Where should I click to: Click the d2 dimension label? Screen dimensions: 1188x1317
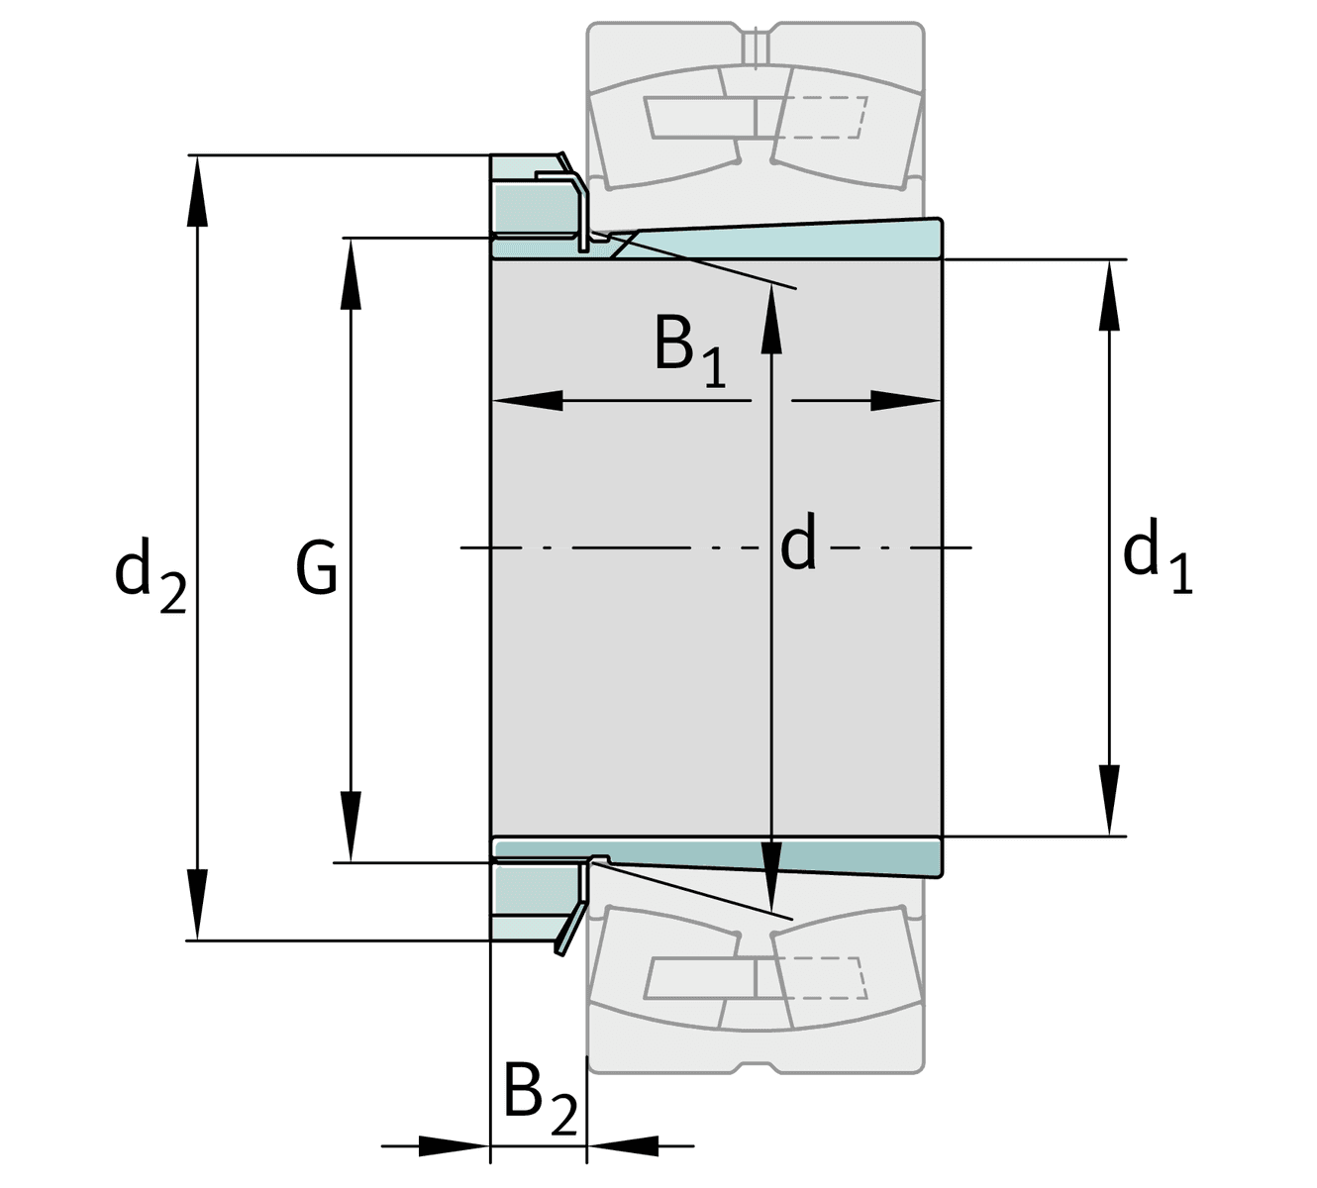(x=150, y=573)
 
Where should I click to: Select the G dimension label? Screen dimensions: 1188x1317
(x=317, y=570)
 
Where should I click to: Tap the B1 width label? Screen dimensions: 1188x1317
(x=689, y=348)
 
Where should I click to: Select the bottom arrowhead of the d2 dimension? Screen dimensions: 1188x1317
(x=198, y=903)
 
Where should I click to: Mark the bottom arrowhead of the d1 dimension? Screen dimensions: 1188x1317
(x=1109, y=800)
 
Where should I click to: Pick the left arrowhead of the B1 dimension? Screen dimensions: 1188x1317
(x=527, y=401)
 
